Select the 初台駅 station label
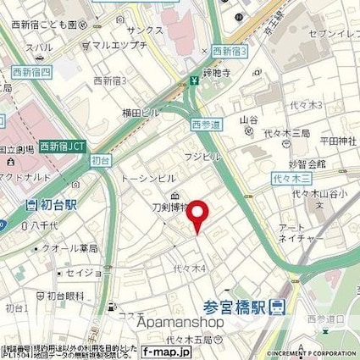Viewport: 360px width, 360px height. pos(53,205)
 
